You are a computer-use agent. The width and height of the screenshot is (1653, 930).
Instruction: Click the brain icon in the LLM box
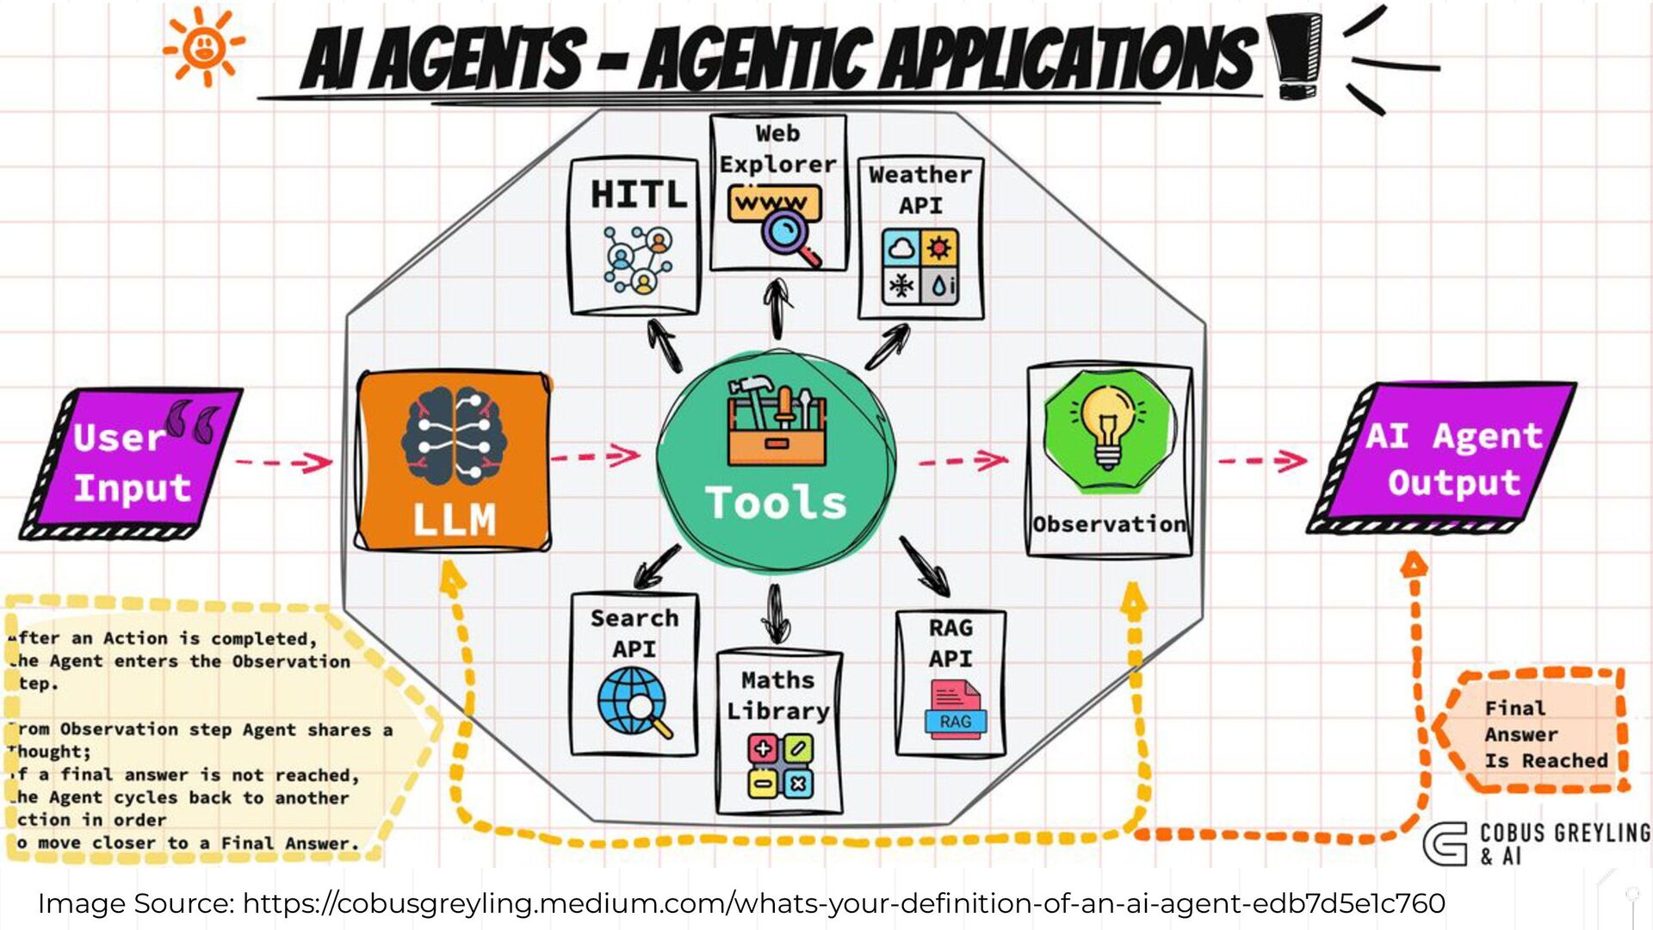[454, 437]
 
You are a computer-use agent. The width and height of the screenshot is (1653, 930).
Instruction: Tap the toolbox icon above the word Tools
[776, 421]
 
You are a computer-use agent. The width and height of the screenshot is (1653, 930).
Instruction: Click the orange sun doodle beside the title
[204, 46]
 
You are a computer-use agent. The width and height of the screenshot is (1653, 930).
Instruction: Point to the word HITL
[639, 195]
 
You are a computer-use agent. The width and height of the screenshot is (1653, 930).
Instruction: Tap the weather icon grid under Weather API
[919, 266]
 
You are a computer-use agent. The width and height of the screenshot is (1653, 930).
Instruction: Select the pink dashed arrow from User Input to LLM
[283, 462]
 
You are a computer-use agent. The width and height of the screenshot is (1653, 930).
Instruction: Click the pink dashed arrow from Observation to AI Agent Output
[1261, 462]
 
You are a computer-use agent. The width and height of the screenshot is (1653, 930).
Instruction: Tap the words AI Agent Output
[1453, 459]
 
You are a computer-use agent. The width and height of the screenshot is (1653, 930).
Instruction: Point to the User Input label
[132, 463]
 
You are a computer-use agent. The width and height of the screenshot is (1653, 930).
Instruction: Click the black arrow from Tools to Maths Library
[777, 613]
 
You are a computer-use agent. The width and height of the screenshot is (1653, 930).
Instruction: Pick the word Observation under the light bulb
[1109, 524]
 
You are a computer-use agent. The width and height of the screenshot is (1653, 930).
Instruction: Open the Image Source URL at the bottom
[843, 903]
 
